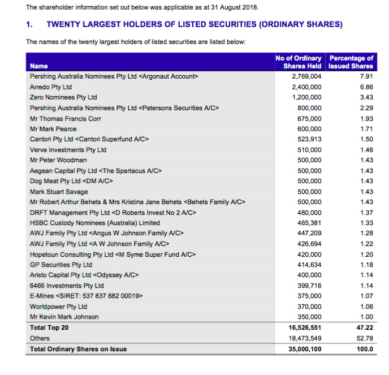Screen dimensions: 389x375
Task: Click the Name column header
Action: pos(38,66)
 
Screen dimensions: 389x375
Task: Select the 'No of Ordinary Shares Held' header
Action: pos(299,62)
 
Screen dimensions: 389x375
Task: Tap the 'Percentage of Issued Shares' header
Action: pos(351,62)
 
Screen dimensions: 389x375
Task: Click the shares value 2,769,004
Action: pos(306,76)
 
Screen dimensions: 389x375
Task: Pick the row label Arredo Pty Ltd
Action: pos(51,87)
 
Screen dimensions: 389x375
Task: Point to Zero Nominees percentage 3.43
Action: pos(367,97)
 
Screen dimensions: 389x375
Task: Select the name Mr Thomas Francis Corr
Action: pos(66,119)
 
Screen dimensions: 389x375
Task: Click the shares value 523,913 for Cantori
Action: pos(309,139)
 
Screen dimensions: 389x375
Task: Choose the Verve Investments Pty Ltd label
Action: pos(68,150)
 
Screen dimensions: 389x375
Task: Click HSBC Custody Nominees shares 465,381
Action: pos(309,223)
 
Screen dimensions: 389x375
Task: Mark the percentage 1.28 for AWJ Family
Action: pos(367,233)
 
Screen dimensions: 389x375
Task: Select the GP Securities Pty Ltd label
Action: pos(61,265)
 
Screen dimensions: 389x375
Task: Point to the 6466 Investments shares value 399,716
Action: pos(309,286)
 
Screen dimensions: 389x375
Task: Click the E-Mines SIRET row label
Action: pos(87,296)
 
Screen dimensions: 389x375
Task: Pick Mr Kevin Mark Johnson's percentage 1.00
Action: pos(367,317)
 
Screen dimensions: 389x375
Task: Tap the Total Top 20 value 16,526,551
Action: pos(305,327)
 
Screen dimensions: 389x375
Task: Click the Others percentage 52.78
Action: pos(365,338)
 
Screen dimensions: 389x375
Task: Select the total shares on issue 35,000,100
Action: pos(305,349)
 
